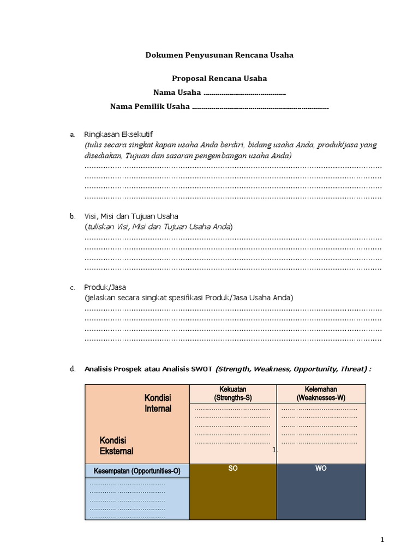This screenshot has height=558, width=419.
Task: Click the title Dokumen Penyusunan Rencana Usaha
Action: coord(219,55)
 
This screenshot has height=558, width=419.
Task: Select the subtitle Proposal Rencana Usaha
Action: coord(219,78)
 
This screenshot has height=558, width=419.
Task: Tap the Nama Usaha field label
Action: coord(177,93)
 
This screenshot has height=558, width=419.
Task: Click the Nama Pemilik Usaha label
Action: coord(150,107)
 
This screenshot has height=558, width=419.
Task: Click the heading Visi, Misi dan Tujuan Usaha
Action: coord(131,216)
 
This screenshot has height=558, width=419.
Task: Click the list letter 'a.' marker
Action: coord(72,135)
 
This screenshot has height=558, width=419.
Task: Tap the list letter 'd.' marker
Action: coord(72,369)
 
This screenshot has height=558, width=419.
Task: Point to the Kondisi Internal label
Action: coord(158,403)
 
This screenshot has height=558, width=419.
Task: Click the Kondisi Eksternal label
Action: coord(116,446)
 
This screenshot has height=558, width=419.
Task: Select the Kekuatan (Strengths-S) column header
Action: coord(232,393)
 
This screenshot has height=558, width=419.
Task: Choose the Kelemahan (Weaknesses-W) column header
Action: coord(321,393)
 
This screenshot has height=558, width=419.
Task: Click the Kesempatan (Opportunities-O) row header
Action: coord(136,471)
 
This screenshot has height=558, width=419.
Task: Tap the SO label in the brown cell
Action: coord(233,469)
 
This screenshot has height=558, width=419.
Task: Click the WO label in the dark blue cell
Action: coord(321,469)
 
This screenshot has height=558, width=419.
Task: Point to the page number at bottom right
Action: coord(382,540)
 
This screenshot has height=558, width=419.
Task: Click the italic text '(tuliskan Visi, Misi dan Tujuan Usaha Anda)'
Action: coord(158,227)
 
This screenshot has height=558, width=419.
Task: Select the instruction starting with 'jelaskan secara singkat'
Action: coord(189,298)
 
